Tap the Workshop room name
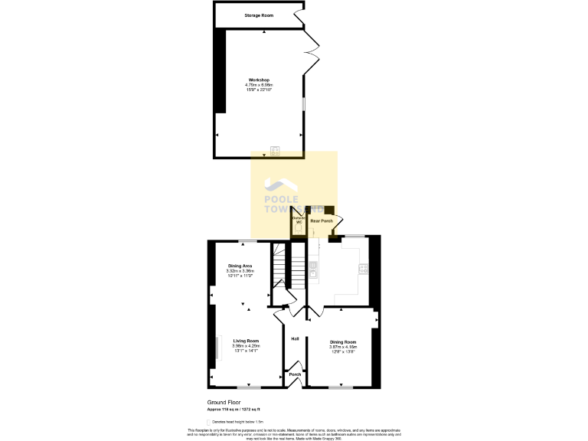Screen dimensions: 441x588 (259, 80)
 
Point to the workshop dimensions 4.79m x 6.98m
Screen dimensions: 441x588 (259, 85)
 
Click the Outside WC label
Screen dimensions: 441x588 (299, 220)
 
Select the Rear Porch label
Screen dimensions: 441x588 (322, 221)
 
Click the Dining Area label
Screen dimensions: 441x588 (240, 266)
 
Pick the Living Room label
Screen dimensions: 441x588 (247, 341)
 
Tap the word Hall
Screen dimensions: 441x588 (295, 339)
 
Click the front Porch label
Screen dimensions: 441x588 (295, 374)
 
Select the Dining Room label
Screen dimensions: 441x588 (343, 341)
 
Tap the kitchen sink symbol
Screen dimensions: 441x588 (314, 269)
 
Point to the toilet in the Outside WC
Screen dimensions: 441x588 (299, 229)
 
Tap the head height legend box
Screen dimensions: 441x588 (210, 422)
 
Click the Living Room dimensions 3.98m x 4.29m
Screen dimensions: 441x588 (247, 346)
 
